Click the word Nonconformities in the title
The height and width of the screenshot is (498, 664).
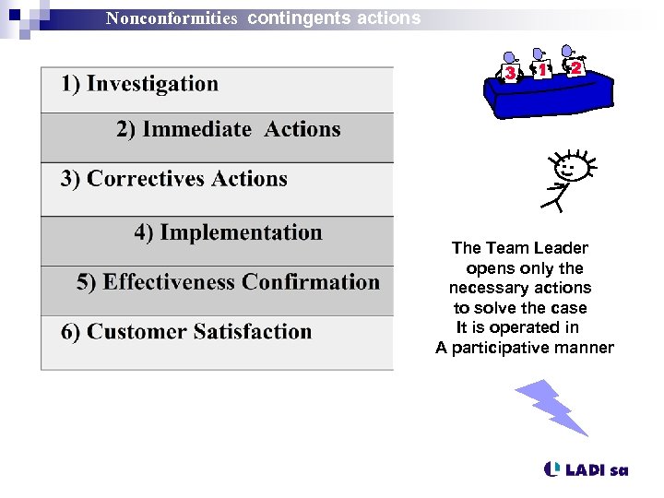point(172,18)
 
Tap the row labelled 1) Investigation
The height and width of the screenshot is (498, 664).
point(140,84)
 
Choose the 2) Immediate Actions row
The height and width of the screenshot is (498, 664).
point(228,130)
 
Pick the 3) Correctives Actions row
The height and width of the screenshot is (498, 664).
point(174,179)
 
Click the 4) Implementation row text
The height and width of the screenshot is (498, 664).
point(228,232)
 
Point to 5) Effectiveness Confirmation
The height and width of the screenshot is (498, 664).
point(228,282)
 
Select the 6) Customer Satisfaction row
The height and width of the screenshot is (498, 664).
point(186,332)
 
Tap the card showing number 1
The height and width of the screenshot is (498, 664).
point(543,69)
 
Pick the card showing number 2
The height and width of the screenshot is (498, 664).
point(575,67)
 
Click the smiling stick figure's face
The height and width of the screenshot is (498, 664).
point(571,169)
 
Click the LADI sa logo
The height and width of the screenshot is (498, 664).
point(587,469)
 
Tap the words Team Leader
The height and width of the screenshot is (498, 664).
point(537,248)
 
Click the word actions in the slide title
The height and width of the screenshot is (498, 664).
point(388,18)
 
